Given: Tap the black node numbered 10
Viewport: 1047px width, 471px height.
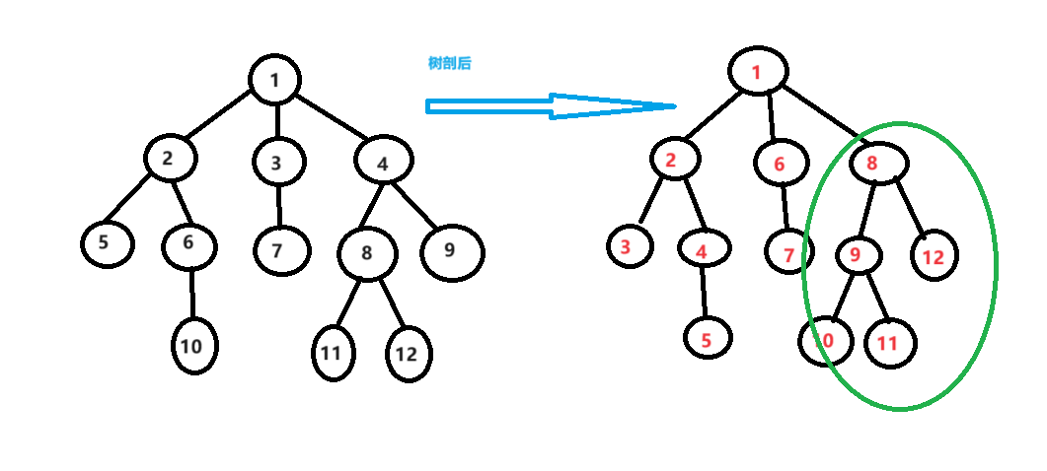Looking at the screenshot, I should click(192, 346).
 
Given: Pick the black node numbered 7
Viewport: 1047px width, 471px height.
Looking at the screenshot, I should click(277, 250).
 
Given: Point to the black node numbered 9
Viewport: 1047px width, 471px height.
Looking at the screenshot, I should click(451, 250).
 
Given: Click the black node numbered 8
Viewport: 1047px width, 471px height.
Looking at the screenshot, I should click(367, 253).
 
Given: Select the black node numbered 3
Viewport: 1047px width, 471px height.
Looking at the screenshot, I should click(277, 163).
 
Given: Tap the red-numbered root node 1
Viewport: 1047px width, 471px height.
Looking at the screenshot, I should click(758, 71).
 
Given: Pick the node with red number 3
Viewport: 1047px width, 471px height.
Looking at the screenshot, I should click(626, 246).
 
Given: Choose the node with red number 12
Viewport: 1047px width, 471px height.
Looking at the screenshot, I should click(934, 257).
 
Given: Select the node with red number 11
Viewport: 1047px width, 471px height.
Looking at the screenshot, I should click(889, 344).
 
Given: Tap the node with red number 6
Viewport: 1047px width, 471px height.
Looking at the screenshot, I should click(780, 165).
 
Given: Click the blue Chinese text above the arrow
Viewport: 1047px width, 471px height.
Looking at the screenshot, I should click(449, 63).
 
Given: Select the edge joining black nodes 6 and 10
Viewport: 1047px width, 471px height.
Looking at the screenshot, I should click(191, 294).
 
